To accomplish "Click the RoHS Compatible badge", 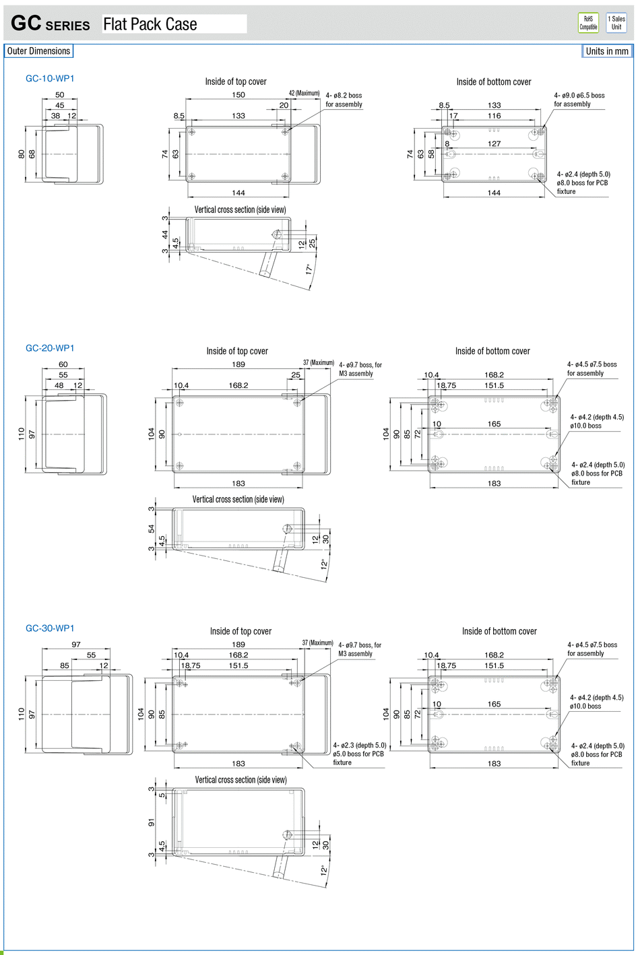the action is click(x=588, y=23).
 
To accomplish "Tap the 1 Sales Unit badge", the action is click(x=616, y=23).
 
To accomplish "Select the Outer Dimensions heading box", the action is click(x=38, y=51).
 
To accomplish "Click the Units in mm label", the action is click(x=607, y=51).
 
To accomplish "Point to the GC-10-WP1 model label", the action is click(x=50, y=78).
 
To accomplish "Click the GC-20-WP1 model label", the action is click(x=50, y=348).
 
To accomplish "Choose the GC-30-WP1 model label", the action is click(x=50, y=628).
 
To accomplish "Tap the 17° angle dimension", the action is click(x=309, y=269).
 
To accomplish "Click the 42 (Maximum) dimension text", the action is click(x=304, y=93).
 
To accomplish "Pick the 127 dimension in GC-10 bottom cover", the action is click(x=494, y=143).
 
